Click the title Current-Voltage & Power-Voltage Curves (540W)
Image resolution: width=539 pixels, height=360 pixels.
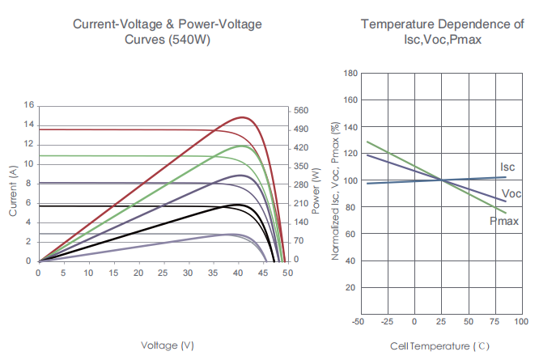coord(168,32)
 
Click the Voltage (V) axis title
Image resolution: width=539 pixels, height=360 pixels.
coord(168,345)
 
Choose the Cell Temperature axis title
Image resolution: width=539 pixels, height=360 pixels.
coord(440,345)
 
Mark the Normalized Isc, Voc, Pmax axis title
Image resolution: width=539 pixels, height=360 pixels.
coord(334,191)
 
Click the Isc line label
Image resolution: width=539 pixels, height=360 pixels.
coord(507,167)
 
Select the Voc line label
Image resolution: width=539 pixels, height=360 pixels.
coord(511,194)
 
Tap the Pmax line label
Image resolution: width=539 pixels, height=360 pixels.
coord(503,221)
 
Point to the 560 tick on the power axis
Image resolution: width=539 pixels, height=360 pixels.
coord(301,110)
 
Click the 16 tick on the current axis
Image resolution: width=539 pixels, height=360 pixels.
coord(29,105)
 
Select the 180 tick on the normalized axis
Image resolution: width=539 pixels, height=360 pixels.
coord(350,74)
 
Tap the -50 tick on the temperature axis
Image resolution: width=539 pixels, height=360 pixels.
coord(358,322)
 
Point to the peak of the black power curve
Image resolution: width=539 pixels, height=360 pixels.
coord(239,205)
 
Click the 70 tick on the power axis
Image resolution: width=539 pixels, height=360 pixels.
coord(299,241)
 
